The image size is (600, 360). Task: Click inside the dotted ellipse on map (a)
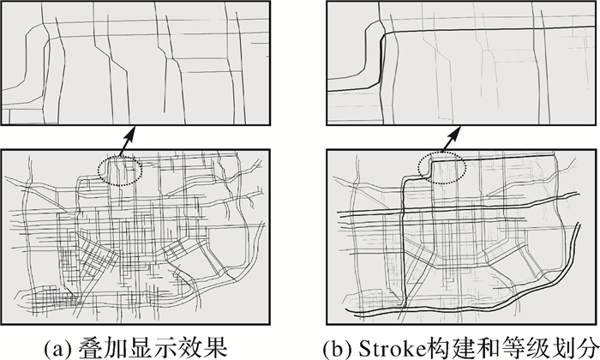coord(120,171)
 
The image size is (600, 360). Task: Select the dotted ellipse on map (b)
coord(442,153)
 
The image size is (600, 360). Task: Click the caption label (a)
coord(58,347)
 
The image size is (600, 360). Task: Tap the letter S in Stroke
coord(364,347)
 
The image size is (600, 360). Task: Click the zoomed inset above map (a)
coord(135,63)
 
